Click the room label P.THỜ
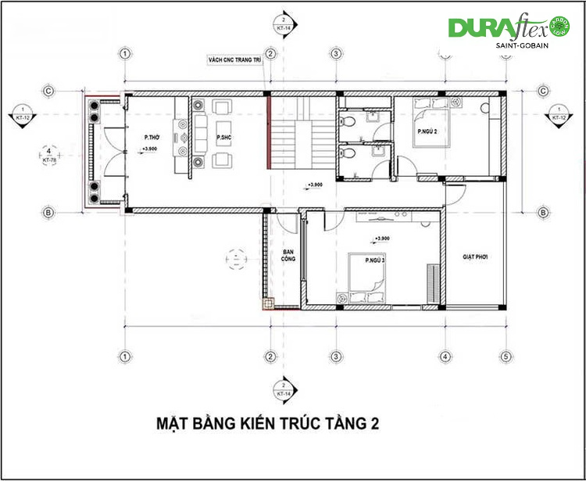[x=152, y=138]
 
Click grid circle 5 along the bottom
[x=506, y=357]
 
